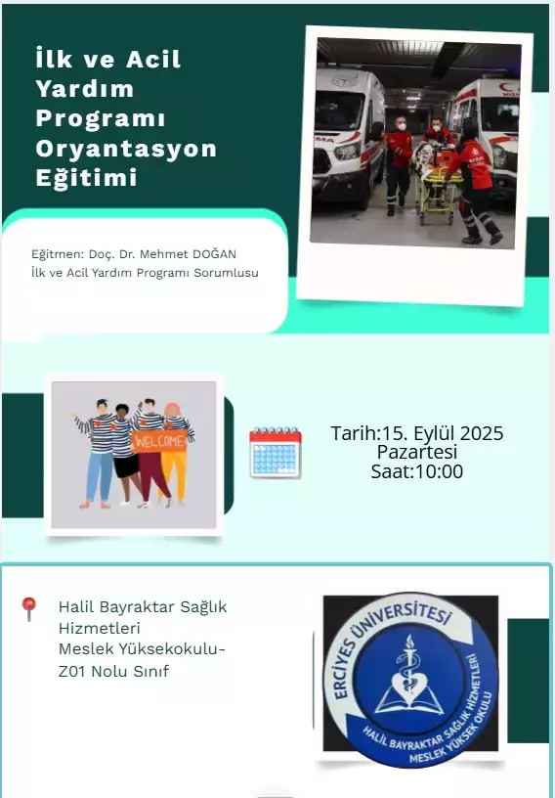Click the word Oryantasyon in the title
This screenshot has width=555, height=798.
coord(126,149)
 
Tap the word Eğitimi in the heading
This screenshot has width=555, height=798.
coord(87,178)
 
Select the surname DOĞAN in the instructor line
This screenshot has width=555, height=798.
coord(214,253)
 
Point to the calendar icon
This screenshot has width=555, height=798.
coord(276,453)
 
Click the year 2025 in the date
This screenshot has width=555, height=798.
coord(482,433)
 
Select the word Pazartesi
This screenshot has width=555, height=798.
coord(416,452)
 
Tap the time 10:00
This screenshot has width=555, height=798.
coord(440,471)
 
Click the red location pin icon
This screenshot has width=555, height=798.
coord(29,608)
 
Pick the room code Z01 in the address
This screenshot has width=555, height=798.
coord(72,671)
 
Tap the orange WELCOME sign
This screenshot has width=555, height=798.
coord(159,441)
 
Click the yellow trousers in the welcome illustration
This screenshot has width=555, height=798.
coord(175,476)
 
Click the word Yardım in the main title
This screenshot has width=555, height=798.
coord(85,89)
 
